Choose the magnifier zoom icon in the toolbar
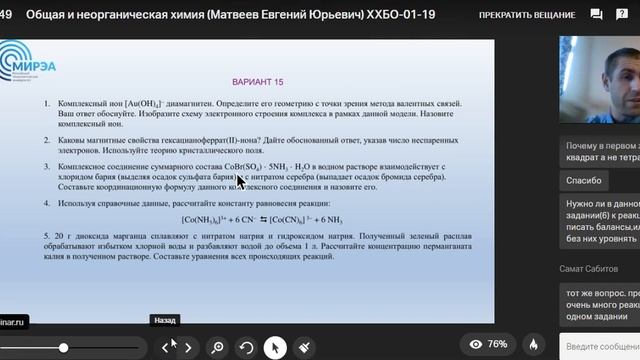(217, 347)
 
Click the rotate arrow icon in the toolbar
(247, 347)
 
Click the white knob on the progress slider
(63, 347)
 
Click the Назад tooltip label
(165, 321)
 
